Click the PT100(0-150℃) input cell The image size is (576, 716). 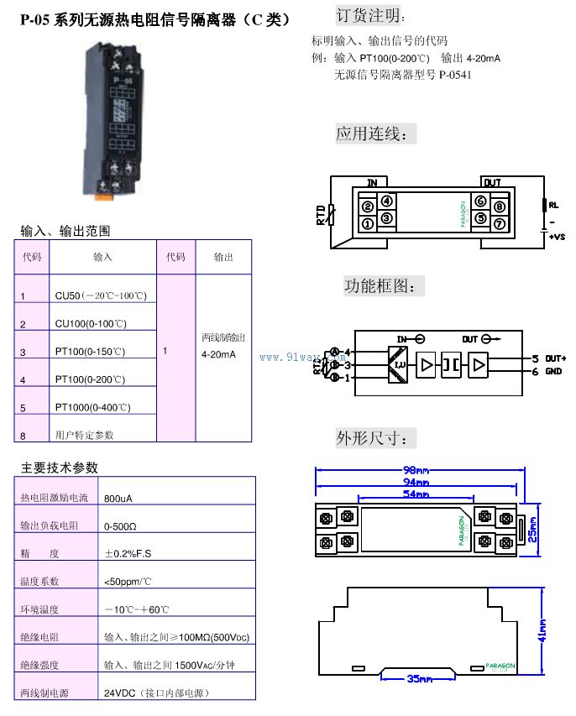[90, 352]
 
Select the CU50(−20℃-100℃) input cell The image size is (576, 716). [101, 296]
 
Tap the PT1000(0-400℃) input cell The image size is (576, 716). [93, 407]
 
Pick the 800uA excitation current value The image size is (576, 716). [118, 498]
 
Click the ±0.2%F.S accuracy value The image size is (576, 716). [128, 553]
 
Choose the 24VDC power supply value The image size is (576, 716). [156, 693]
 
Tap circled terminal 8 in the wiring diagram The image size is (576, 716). [499, 206]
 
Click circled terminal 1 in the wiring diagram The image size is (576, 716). [368, 223]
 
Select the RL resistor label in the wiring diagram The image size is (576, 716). [553, 204]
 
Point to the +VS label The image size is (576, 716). [556, 238]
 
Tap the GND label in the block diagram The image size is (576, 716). [552, 371]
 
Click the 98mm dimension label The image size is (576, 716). [417, 470]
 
